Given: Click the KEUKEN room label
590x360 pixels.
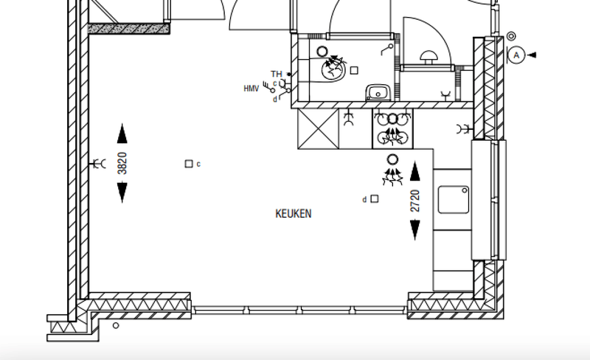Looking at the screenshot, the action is pos(293,213).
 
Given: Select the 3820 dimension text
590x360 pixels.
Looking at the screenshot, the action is pos(122,163).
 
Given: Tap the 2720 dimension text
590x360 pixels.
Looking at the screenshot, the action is pos(414,201).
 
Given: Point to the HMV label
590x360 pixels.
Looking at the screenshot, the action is pos(251,89).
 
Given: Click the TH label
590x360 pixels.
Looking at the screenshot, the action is pos(276,74).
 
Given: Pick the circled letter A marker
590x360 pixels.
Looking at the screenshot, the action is pos(516,55).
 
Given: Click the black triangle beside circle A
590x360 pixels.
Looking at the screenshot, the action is pos(531,55).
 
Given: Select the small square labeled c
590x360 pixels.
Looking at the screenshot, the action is pos(189,164).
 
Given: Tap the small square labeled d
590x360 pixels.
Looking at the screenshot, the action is pos(375,199).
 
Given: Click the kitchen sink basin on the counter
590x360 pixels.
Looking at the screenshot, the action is pos(454,200).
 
